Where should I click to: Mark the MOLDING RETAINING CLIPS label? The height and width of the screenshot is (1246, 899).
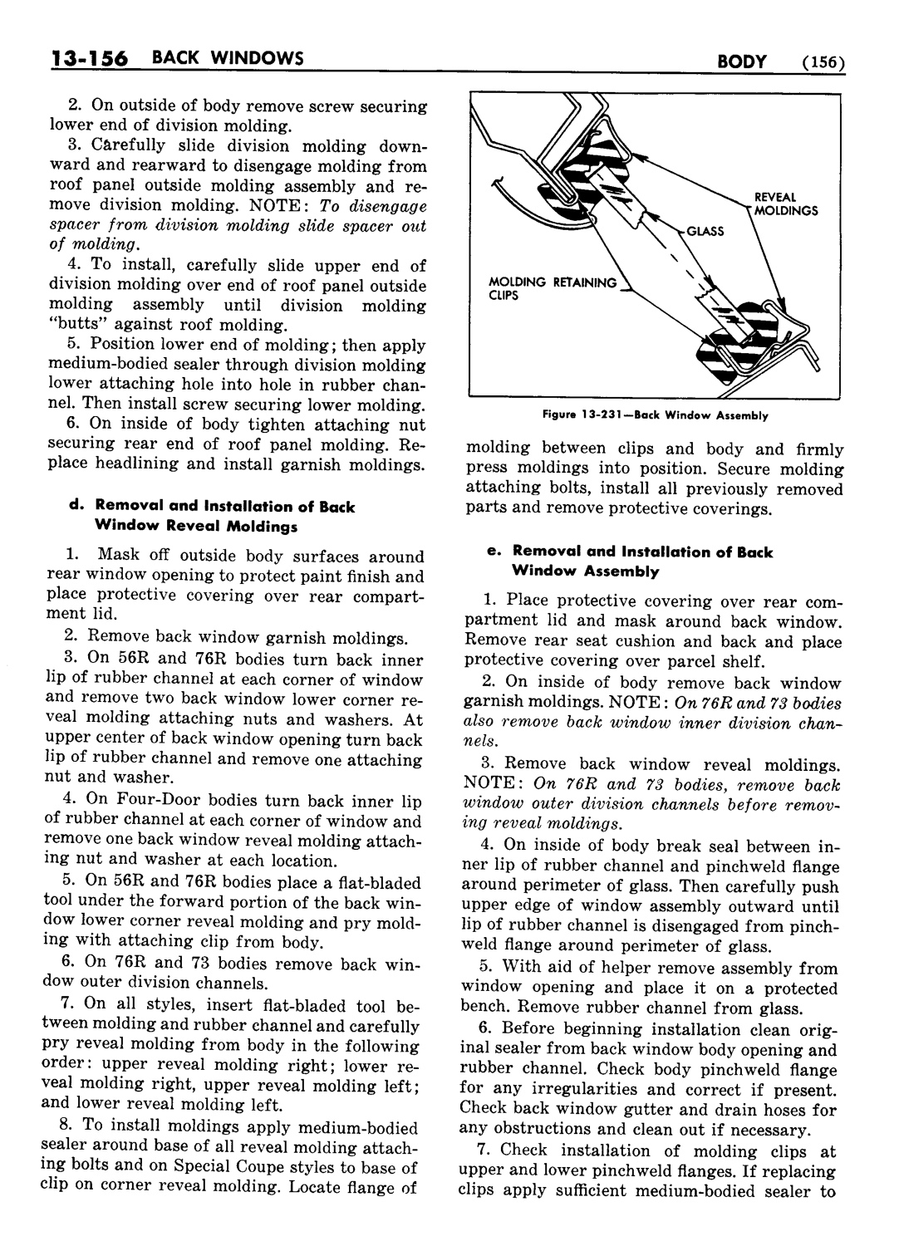point(553,288)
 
